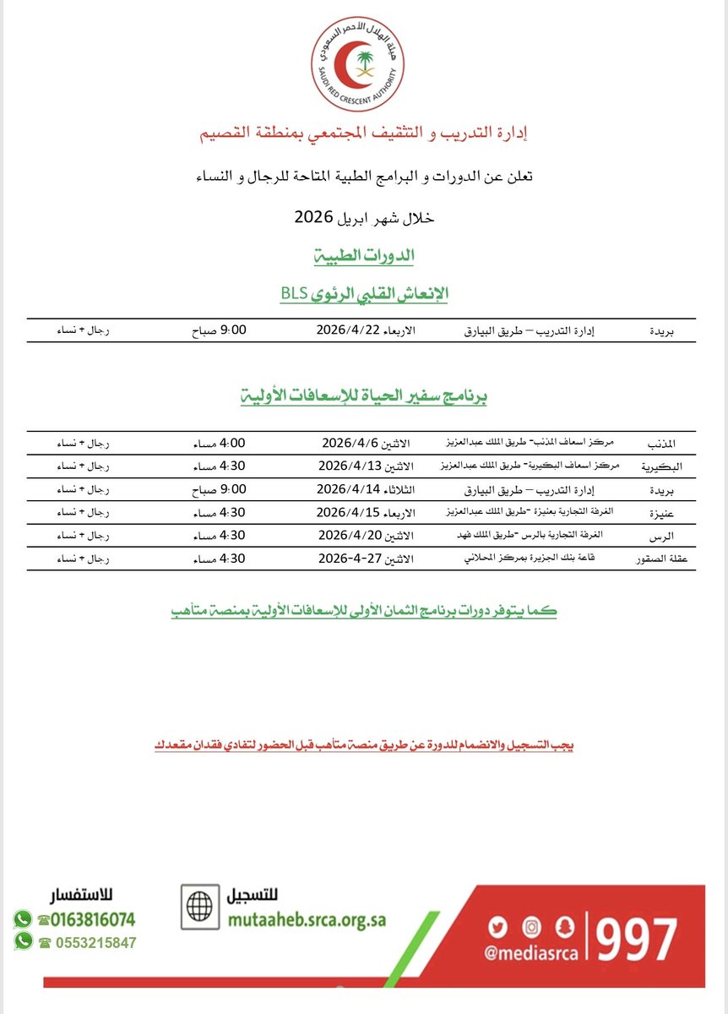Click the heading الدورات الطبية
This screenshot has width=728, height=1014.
click(365, 255)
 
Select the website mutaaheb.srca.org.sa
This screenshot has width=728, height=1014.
click(307, 920)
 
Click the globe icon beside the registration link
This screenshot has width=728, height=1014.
click(200, 907)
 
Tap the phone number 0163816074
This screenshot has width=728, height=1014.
click(93, 919)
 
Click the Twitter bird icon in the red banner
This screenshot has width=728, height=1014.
click(497, 928)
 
